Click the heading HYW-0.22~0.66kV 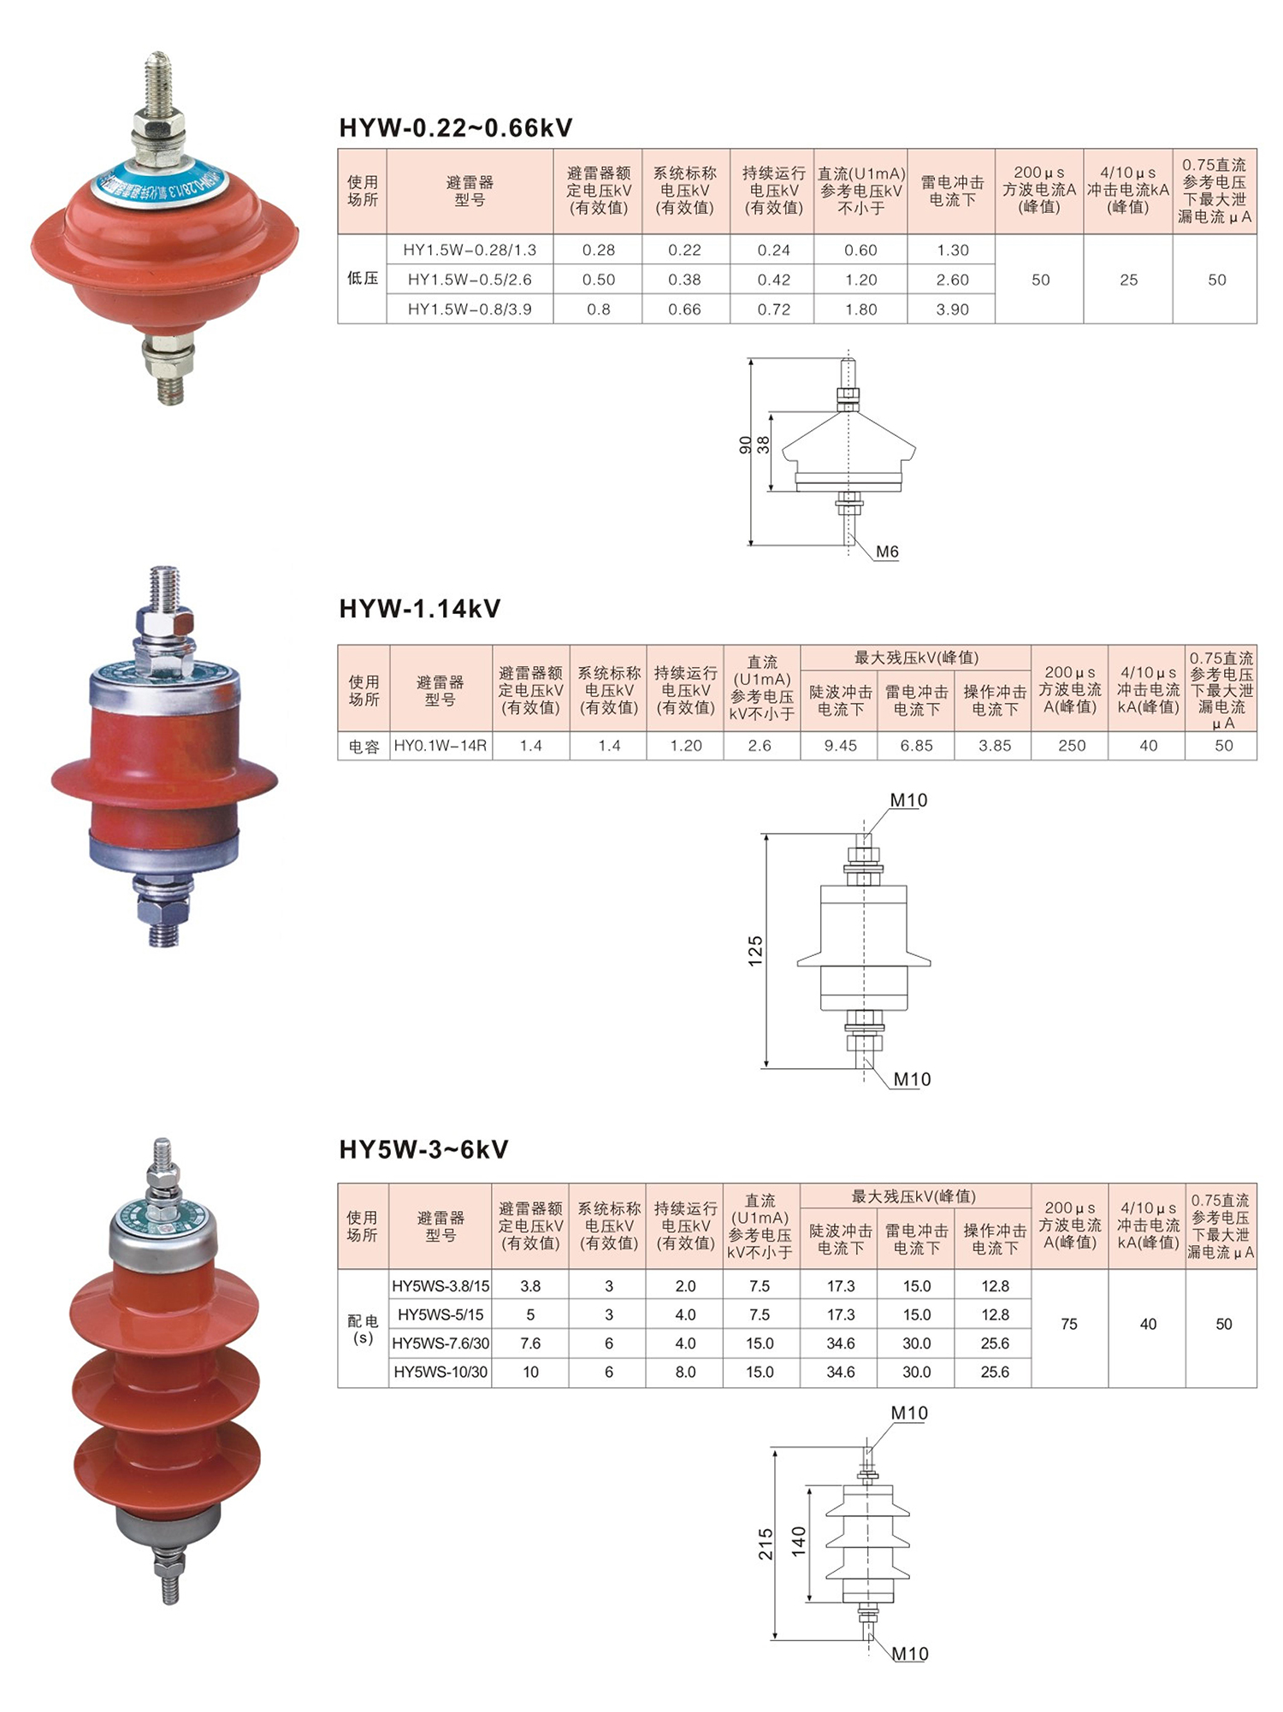point(455,128)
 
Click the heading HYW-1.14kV point(419,609)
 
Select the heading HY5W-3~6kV point(423,1149)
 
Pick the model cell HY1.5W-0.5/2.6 point(470,280)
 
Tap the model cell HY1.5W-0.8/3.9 point(470,310)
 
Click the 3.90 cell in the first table point(952,310)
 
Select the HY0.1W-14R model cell point(440,746)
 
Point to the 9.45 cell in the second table point(840,746)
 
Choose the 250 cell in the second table point(1071,746)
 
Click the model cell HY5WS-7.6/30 point(440,1343)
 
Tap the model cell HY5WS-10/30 point(440,1373)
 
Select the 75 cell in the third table point(1069,1325)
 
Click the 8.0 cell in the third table point(685,1373)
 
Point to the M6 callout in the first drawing point(887,552)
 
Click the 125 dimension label point(755,952)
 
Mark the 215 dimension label point(766,1544)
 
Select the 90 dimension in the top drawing point(745,445)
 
